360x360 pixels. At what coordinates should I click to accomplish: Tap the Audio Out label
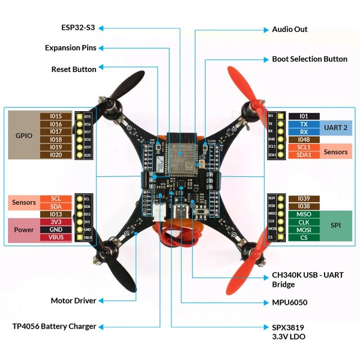[290, 29]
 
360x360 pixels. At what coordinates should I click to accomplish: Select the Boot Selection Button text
[310, 59]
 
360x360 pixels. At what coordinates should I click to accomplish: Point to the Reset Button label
[74, 69]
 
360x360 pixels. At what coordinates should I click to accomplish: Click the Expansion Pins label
[71, 48]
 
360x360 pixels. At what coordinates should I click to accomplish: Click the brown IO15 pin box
[56, 116]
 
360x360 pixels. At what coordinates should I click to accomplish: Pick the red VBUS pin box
[56, 237]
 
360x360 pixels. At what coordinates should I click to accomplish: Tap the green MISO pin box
[304, 214]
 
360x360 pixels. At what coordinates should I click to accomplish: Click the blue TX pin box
[304, 124]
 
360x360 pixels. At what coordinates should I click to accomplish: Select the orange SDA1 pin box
[304, 155]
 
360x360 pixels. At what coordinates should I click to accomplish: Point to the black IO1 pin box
[304, 116]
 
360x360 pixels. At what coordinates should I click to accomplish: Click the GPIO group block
[23, 135]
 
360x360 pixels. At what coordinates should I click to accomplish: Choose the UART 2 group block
[336, 127]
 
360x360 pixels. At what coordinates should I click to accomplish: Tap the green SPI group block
[336, 226]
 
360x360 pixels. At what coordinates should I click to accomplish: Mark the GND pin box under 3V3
[56, 229]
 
